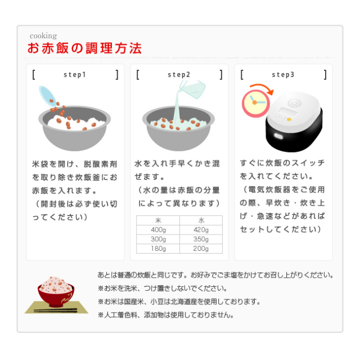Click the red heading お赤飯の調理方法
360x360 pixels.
tap(84, 48)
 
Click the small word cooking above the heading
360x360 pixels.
tap(43, 36)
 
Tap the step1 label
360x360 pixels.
tap(75, 75)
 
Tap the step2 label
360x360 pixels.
tap(179, 75)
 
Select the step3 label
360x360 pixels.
tap(283, 75)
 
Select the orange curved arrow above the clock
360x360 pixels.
tap(262, 88)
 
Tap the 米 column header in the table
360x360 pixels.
tap(158, 220)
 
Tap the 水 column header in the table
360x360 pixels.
tap(201, 220)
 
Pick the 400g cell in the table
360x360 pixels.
tap(158, 230)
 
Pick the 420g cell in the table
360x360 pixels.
tap(201, 230)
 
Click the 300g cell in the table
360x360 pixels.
tap(158, 239)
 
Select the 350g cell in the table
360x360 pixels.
tap(201, 239)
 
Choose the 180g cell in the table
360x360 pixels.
tap(158, 249)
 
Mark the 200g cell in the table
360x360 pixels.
tap(201, 249)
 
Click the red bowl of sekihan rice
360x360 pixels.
tap(56, 292)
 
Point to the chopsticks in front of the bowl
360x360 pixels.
tap(56, 310)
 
